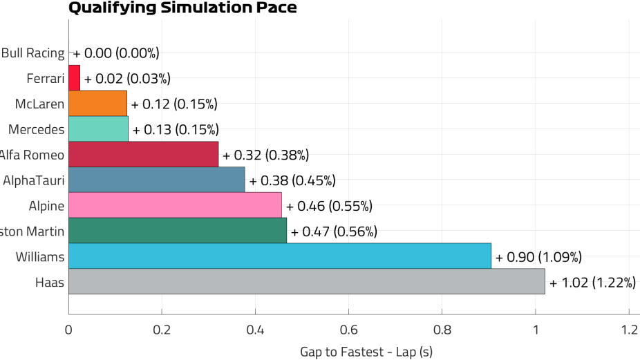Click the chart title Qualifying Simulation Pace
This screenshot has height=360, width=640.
(x=182, y=8)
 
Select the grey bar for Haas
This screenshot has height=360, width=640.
(x=306, y=282)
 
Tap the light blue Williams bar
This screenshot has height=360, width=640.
(x=279, y=256)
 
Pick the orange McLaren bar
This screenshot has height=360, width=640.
(x=97, y=104)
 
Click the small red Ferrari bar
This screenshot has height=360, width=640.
(x=74, y=78)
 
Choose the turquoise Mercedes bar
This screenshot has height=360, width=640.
(x=98, y=129)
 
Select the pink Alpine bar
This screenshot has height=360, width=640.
(x=175, y=205)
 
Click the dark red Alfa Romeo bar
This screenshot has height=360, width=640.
(x=143, y=155)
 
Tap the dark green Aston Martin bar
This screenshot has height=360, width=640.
(x=177, y=231)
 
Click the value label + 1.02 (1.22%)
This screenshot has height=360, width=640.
(x=592, y=283)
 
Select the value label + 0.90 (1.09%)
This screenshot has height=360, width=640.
(x=538, y=257)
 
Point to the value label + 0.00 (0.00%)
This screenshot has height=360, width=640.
(x=116, y=53)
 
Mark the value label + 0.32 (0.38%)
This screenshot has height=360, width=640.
(x=266, y=155)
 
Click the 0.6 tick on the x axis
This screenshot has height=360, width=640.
(x=348, y=330)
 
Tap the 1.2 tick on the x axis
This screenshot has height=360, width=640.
(x=628, y=330)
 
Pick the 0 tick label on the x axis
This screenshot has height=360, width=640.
(x=68, y=330)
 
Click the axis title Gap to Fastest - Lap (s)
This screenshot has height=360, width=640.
(x=366, y=352)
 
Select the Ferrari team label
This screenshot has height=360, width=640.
(x=46, y=78)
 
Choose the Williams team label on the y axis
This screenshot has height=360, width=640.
(x=40, y=256)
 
